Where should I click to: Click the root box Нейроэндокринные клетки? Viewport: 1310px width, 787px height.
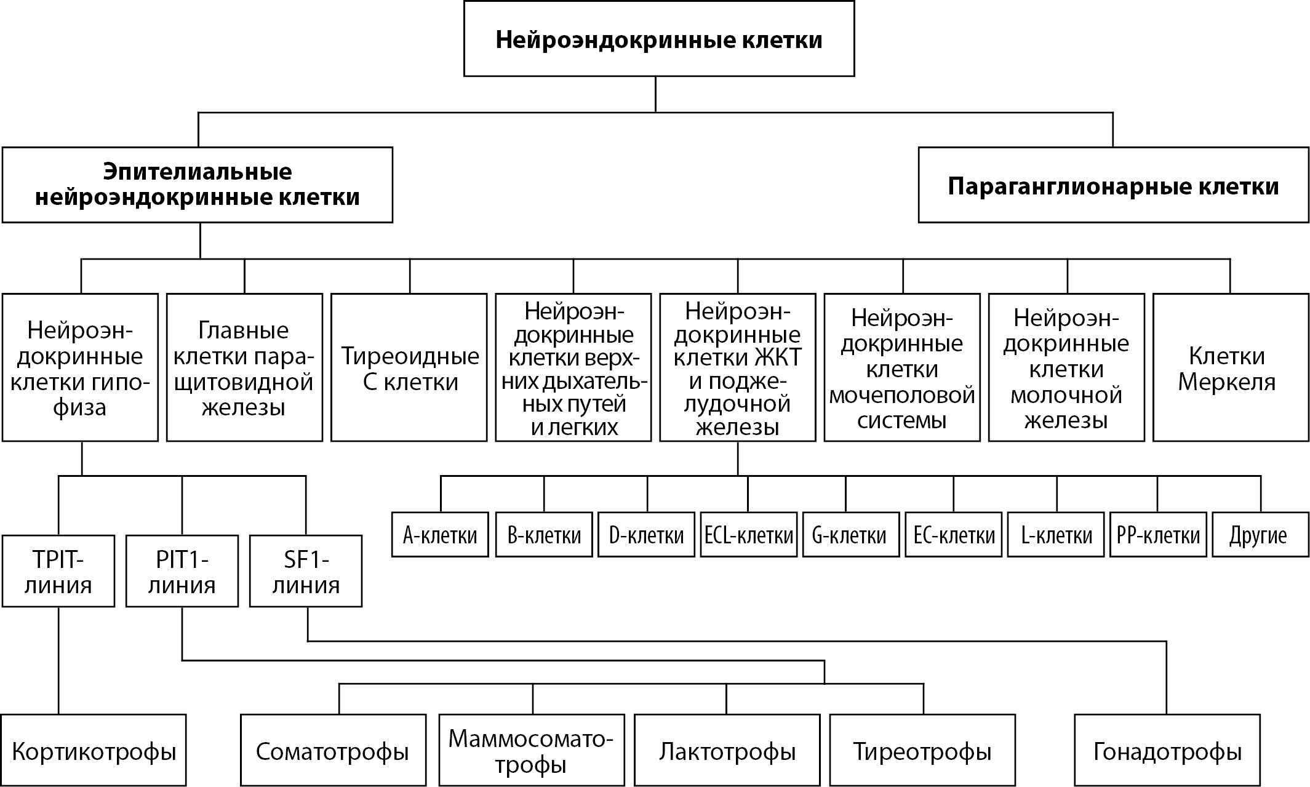(658, 39)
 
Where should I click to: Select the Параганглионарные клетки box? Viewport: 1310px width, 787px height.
(1112, 185)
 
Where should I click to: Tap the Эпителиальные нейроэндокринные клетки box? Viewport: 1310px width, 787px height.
(197, 184)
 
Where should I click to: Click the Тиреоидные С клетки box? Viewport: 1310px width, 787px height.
(409, 368)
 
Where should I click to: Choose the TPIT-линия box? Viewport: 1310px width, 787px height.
(58, 571)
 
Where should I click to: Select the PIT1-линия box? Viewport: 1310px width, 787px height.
(182, 571)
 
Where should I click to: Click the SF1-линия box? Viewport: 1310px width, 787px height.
(305, 571)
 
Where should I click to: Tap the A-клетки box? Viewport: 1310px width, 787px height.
(440, 535)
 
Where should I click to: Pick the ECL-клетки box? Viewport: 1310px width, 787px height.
(748, 535)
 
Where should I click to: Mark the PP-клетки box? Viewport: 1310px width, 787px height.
(1158, 535)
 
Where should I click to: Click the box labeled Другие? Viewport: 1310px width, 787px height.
(1260, 535)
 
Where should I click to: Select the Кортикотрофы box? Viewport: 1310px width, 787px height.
(94, 751)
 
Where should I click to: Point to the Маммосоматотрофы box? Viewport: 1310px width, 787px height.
(532, 751)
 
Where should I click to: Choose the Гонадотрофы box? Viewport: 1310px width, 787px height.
(1167, 751)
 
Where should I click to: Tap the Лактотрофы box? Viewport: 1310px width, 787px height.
(727, 751)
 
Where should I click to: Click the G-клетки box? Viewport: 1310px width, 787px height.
(850, 535)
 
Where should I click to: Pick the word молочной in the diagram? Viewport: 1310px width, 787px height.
(1066, 394)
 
